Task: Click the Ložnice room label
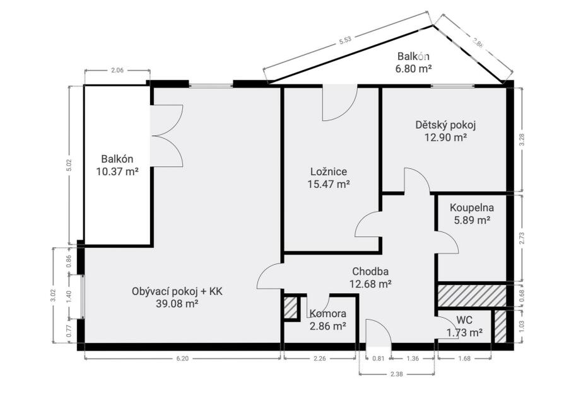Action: (x=329, y=172)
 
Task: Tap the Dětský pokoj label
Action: (x=445, y=125)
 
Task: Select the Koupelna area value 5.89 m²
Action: (x=471, y=220)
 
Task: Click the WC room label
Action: (x=464, y=320)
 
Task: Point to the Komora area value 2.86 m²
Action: (x=327, y=326)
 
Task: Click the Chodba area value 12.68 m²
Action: (x=370, y=284)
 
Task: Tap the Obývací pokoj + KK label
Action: (x=177, y=291)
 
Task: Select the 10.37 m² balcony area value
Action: (x=117, y=171)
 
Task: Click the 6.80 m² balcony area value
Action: (x=413, y=69)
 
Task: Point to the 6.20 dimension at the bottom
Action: (x=182, y=359)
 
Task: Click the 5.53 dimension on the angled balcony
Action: (x=344, y=40)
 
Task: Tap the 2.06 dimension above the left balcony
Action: (x=117, y=71)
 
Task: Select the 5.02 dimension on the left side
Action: (x=70, y=165)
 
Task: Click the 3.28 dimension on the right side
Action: (x=522, y=139)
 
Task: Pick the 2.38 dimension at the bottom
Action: (x=396, y=374)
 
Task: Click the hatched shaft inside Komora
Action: (x=291, y=308)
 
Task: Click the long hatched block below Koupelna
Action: (x=471, y=296)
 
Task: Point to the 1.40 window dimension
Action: (x=70, y=296)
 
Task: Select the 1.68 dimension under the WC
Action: (x=464, y=359)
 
